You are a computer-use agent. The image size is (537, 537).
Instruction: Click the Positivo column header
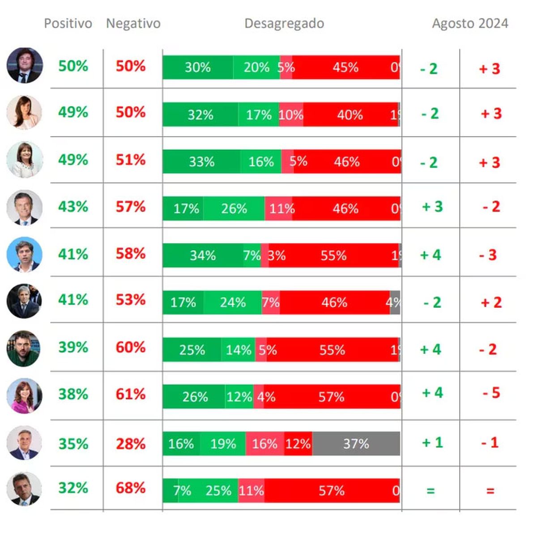[68, 23]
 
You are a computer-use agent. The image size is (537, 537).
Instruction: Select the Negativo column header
[133, 23]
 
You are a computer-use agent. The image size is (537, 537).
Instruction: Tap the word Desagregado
[284, 23]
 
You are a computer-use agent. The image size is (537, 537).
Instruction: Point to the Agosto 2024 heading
[470, 23]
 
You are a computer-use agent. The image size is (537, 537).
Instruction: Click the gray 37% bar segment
[356, 443]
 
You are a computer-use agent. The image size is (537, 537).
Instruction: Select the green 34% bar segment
[203, 256]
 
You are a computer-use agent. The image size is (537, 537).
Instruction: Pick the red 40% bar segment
[350, 115]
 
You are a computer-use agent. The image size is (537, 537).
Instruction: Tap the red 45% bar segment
[345, 68]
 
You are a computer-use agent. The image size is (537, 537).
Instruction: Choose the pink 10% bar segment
[291, 115]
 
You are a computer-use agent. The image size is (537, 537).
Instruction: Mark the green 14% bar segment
[238, 349]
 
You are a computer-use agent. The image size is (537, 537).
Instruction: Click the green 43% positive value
[73, 206]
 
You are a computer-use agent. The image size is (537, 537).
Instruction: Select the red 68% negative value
[131, 488]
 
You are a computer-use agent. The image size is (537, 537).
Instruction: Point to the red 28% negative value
[131, 443]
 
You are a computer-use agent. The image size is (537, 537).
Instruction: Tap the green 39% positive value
[73, 347]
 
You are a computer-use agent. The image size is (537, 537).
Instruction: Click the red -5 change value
[491, 393]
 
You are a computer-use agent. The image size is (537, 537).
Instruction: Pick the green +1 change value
[432, 443]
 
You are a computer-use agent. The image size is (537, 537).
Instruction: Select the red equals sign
[490, 491]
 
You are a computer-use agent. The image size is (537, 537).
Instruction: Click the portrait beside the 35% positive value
[24, 443]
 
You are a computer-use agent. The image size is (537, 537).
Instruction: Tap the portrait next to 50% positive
[25, 65]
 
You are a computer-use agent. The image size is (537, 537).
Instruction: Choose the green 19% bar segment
[223, 443]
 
